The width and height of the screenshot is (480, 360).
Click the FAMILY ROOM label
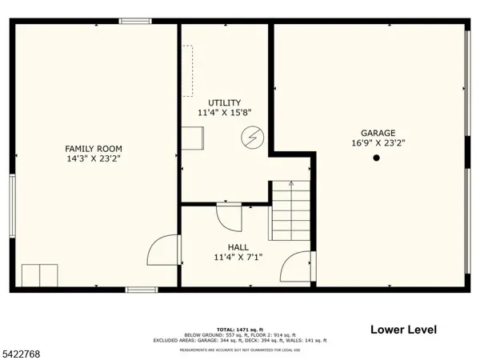pos(94,148)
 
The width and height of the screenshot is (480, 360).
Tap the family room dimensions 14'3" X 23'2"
pos(94,158)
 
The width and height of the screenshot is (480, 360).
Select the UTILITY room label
pos(225,103)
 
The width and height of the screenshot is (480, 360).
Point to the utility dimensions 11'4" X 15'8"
pos(225,114)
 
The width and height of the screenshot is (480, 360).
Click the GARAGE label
pos(378,133)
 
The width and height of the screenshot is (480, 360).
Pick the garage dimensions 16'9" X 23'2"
pos(378,143)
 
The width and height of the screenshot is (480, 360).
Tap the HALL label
pos(238,247)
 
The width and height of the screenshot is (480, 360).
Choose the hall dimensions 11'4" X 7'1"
pos(238,258)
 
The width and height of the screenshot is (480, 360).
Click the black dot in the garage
pos(376,158)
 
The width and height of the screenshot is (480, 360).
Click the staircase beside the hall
pos(290,211)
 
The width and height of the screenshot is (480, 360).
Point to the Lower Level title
pos(402,329)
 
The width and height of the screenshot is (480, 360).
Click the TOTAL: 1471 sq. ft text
pos(241,328)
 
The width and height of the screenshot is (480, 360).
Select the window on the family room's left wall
pos(12,203)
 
